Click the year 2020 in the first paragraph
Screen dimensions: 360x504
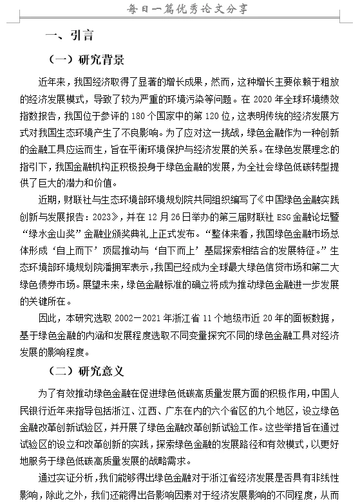(x=265, y=100)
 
